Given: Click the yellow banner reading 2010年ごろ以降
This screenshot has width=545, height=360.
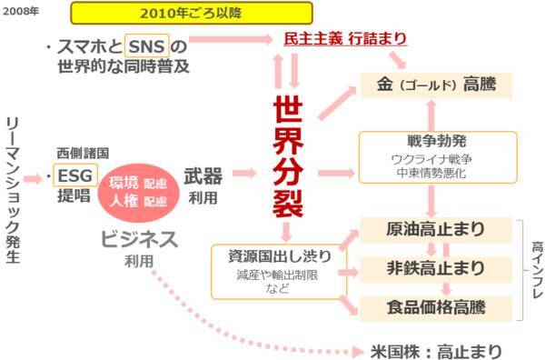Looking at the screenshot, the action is (192, 13).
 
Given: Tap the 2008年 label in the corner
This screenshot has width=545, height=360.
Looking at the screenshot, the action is (20, 11).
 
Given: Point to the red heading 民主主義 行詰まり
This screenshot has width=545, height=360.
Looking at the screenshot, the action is (345, 40).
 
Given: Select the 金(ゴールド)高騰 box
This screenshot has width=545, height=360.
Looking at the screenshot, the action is (436, 86).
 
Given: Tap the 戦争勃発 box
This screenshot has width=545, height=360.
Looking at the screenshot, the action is (438, 155).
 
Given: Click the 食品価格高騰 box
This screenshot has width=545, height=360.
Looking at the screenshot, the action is (435, 305).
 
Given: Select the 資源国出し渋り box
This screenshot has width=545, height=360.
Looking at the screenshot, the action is (272, 271).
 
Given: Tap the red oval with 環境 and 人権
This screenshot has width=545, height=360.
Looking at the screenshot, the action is (138, 192).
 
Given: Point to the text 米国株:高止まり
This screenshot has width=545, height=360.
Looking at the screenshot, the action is (436, 349).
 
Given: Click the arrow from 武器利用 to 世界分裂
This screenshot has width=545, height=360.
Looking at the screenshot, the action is (244, 173).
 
